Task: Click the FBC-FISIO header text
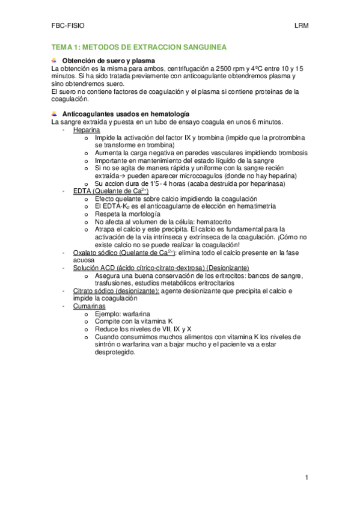[x=68, y=26]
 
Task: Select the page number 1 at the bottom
[x=307, y=478]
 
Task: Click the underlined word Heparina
[x=87, y=130]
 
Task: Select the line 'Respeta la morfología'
[x=127, y=214]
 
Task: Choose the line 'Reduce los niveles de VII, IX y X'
[x=143, y=330]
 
